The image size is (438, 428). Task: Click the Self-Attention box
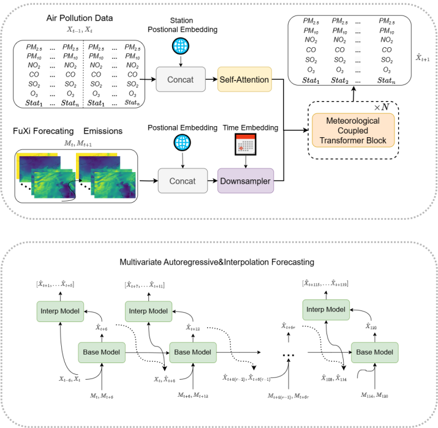point(244,80)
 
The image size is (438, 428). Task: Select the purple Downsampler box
point(244,181)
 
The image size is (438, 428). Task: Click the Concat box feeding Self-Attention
point(178,80)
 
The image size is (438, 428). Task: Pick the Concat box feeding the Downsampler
point(178,181)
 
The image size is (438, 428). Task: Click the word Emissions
point(103,130)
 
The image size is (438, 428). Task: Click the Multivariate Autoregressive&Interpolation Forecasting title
point(218,262)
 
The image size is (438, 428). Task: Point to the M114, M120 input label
point(373,396)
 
